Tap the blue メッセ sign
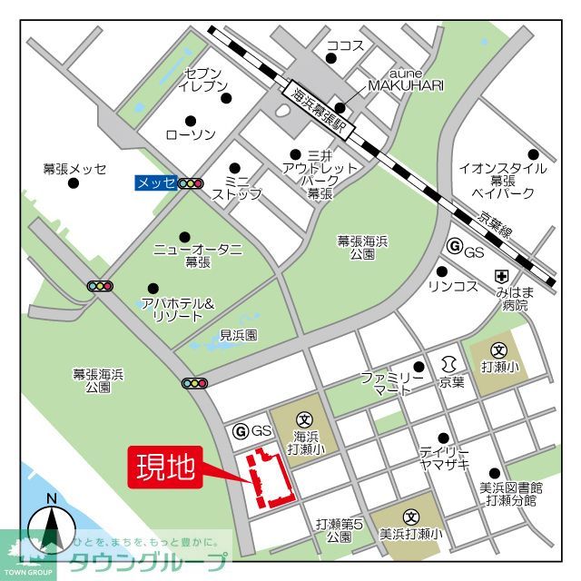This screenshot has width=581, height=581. (154, 183)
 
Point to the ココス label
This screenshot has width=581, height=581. (345, 45)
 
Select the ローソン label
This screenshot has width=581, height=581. (191, 135)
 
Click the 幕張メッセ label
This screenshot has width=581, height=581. (74, 169)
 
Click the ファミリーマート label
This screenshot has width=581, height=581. (392, 381)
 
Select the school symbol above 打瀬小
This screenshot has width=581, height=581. (498, 350)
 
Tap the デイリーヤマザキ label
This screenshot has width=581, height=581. (444, 457)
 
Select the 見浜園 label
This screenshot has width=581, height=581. (238, 335)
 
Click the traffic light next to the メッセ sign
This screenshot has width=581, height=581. (191, 183)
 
